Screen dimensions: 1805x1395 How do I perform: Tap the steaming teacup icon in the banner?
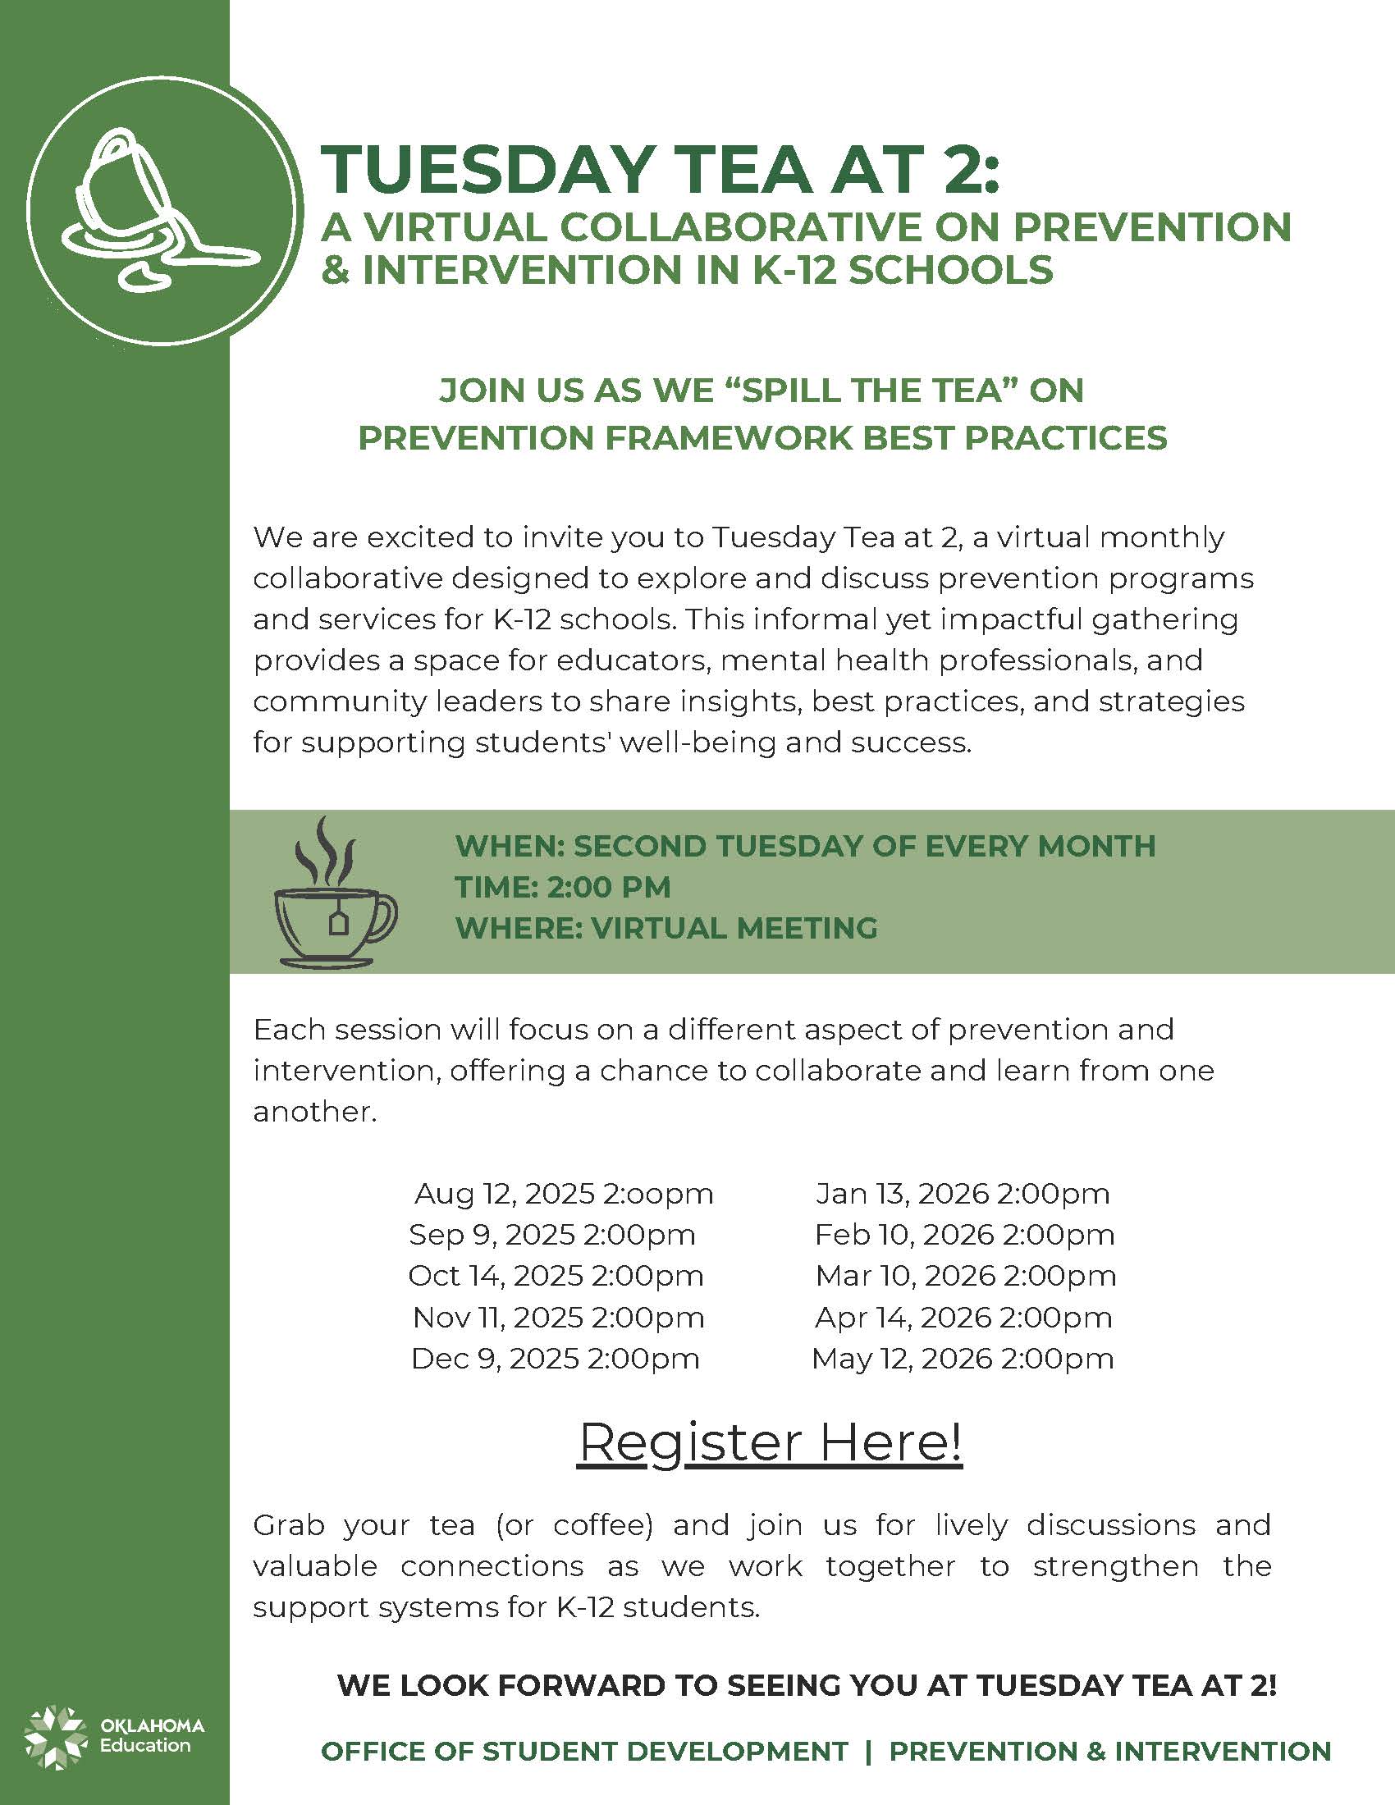[x=335, y=893]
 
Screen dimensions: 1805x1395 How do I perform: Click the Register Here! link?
[x=770, y=1442]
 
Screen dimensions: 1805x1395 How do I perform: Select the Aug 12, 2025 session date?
[x=564, y=1194]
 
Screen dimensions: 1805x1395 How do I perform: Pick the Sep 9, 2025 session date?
[x=552, y=1235]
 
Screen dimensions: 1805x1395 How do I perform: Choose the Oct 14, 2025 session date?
[x=556, y=1276]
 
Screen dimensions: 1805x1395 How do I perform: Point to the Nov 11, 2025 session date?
[x=558, y=1318]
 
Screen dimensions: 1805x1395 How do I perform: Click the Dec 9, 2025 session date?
[x=556, y=1359]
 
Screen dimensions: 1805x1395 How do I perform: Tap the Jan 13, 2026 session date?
[x=962, y=1194]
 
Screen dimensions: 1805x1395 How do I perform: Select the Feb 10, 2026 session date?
[x=964, y=1235]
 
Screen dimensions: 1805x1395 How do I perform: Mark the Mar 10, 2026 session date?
[x=965, y=1276]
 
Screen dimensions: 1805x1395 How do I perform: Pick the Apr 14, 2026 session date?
[x=963, y=1318]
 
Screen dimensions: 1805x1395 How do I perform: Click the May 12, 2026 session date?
[x=963, y=1359]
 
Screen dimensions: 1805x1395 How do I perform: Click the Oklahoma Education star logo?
[x=54, y=1737]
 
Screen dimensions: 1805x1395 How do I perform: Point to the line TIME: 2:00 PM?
[x=563, y=887]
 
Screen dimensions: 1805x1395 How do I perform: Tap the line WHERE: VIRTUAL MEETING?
[x=666, y=928]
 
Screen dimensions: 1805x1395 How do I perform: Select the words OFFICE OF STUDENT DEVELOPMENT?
[x=584, y=1752]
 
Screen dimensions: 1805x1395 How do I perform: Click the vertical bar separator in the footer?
[x=868, y=1752]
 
